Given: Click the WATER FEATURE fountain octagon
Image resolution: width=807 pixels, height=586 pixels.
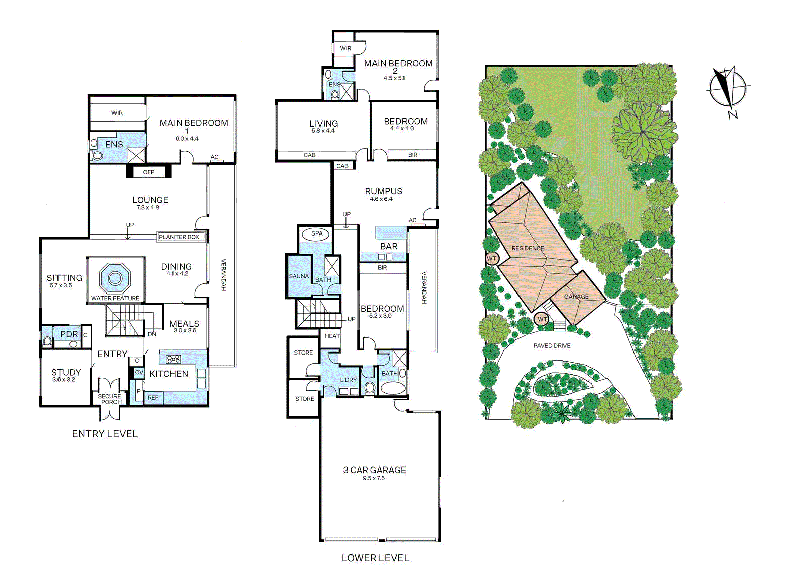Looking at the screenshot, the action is [114, 278].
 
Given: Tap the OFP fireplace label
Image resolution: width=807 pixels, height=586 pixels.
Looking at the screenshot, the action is [148, 172].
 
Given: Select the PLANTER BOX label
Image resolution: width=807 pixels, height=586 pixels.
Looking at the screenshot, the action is [179, 237].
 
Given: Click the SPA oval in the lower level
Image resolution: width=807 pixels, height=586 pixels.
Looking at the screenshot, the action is [317, 234].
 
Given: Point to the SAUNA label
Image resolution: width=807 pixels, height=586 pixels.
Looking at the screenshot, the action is [299, 276].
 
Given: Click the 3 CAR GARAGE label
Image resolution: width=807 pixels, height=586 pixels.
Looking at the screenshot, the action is [375, 470].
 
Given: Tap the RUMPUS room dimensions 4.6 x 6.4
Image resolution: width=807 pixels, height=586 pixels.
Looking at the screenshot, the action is [381, 199].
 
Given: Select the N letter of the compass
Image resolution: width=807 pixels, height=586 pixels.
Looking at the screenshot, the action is [733, 114].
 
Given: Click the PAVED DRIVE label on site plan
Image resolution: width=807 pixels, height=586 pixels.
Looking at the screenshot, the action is [552, 346].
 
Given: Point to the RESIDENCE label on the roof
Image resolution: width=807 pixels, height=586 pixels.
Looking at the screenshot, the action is [528, 248].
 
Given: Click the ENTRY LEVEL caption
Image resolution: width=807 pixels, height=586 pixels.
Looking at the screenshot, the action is [105, 434].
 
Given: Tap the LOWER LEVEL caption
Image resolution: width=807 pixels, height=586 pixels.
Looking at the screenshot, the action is [375, 558].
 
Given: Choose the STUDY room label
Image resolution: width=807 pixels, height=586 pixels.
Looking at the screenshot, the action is [66, 372].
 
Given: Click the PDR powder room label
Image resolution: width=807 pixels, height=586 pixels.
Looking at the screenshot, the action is [69, 334].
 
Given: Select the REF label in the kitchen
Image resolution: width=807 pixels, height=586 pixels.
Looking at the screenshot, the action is [153, 398].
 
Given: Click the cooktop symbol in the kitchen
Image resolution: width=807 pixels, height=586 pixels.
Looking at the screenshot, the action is [174, 359].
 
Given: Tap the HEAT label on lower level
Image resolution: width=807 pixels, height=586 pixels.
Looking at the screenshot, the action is [332, 336].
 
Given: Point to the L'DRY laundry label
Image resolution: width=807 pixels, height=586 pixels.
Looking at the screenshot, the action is [349, 380].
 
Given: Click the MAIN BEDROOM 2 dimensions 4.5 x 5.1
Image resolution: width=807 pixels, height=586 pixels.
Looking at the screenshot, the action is [394, 78].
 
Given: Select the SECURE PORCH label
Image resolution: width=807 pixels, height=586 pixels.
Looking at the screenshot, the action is [109, 399].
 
